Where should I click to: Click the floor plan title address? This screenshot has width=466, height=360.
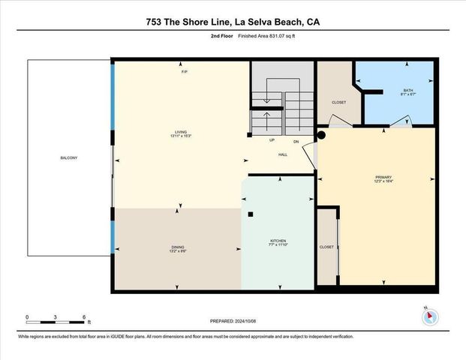pos(233,22)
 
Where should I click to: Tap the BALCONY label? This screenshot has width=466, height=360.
pos(69,157)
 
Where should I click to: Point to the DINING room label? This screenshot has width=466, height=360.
pos(178,248)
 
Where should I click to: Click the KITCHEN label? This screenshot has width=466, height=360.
pos(278,242)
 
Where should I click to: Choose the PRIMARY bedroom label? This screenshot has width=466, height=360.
pos(383,178)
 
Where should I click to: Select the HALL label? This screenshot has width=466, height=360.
pos(283,154)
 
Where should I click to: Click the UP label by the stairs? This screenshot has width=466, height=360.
pos(272,140)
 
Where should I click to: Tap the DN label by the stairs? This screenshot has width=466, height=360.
pos(296,140)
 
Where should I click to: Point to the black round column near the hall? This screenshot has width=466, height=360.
pos(320,136)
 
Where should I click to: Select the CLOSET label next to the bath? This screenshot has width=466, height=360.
pos(339,102)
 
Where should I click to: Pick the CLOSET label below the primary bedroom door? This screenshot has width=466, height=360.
pos(326,246)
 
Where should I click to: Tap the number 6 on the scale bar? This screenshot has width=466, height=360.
pos(84,317)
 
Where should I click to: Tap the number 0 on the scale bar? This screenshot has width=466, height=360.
pos(27,317)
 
